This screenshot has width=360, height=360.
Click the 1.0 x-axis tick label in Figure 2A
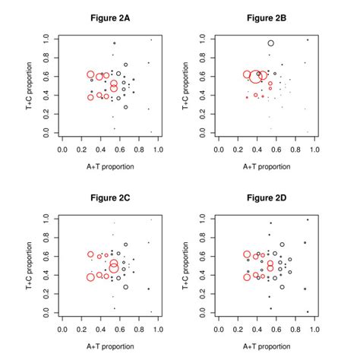click(158, 150)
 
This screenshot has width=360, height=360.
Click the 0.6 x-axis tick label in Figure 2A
click(120, 150)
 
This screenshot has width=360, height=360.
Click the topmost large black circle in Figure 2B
click(270, 43)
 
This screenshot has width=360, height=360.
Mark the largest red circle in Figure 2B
click(256, 76)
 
